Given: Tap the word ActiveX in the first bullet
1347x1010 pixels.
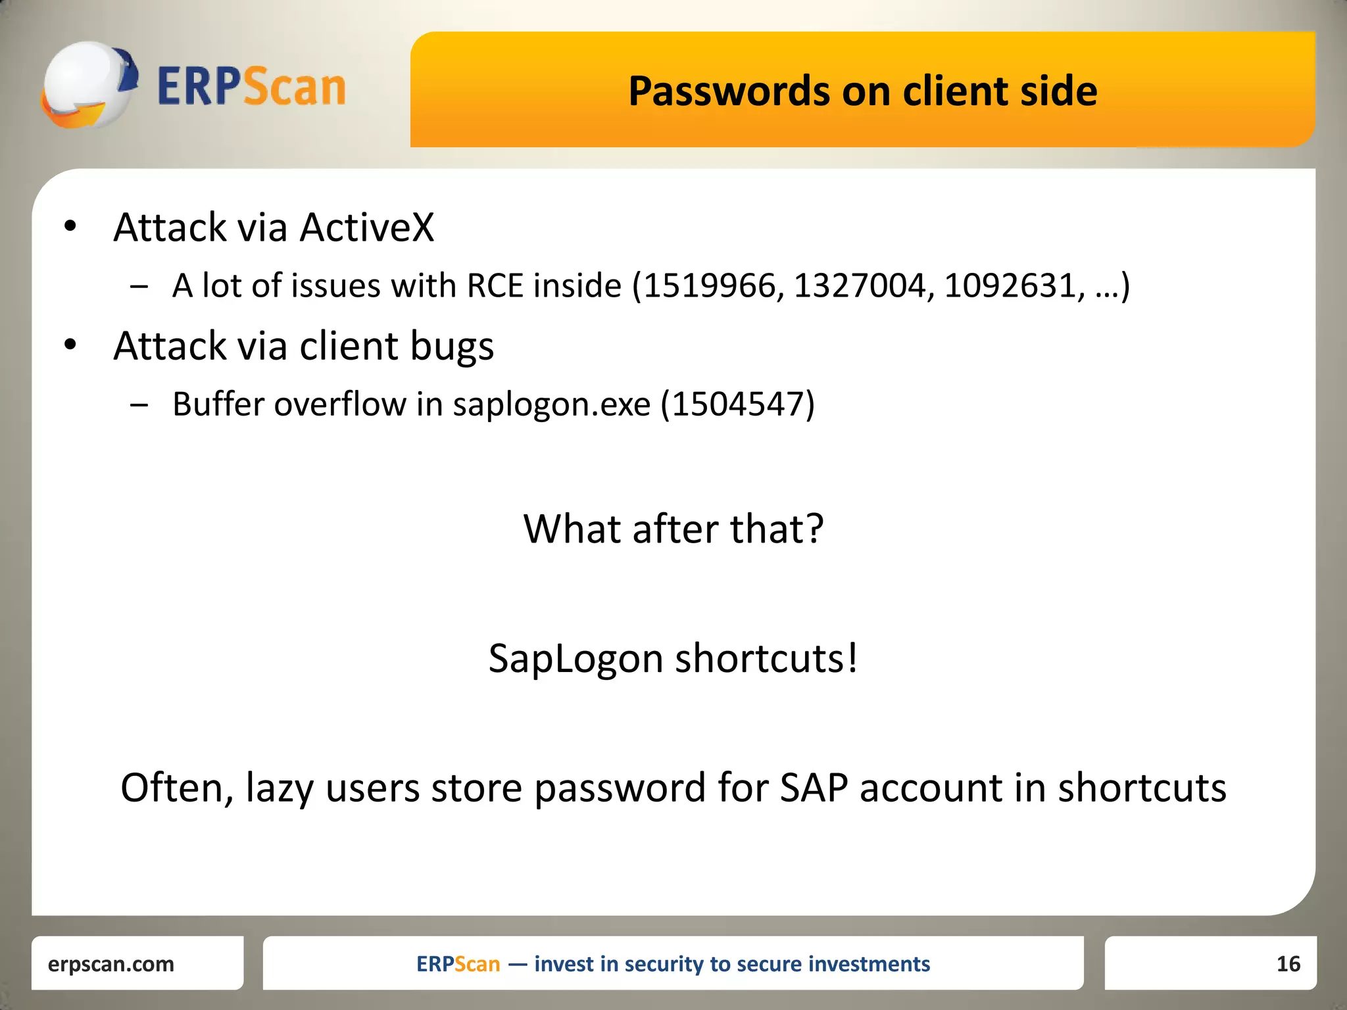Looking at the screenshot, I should click(367, 228).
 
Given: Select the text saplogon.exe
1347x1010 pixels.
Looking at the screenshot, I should click(551, 404).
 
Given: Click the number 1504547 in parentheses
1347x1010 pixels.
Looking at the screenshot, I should click(737, 404).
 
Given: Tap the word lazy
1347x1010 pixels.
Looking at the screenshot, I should click(279, 788).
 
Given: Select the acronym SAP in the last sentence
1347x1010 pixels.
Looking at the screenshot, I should click(814, 788).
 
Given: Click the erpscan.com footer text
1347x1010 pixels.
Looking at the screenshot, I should click(111, 964).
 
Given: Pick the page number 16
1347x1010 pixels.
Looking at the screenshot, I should click(1288, 964).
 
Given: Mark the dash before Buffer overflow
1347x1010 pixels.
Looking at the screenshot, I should click(139, 405).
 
